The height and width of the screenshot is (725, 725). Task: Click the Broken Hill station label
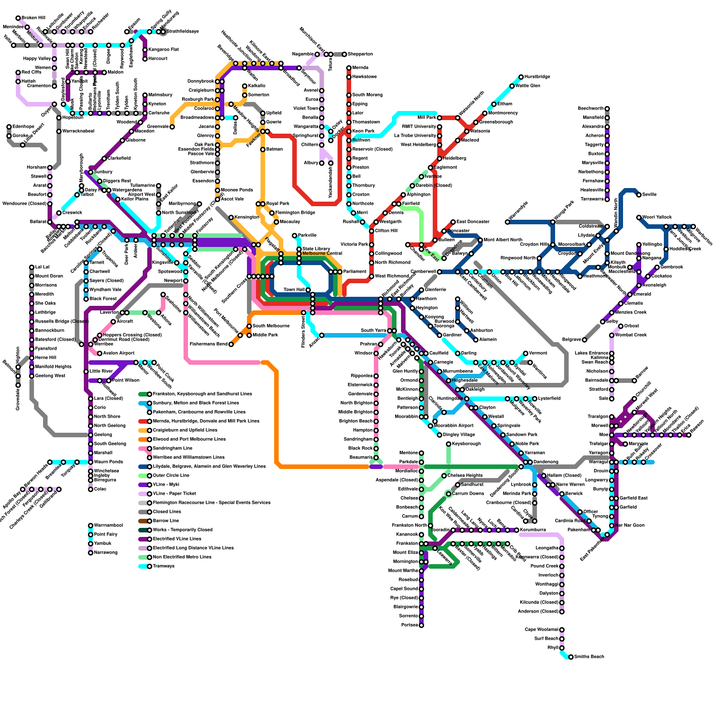tap(34, 18)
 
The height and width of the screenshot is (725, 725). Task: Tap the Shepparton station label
tap(360, 54)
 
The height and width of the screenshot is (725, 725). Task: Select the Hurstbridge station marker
tap(521, 77)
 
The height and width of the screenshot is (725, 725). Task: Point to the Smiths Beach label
tap(589, 657)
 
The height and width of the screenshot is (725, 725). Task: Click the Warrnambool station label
tap(108, 526)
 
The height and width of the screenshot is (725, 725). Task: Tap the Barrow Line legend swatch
tap(144, 521)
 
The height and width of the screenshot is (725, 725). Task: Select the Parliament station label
tap(355, 272)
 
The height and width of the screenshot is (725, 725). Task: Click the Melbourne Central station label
tap(322, 254)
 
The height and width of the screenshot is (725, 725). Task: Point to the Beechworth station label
tap(590, 109)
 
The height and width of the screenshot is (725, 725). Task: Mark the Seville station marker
tap(639, 195)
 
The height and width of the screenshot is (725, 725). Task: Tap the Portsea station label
tap(409, 625)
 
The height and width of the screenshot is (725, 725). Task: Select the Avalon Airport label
tap(119, 353)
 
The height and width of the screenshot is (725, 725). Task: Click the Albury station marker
tap(322, 163)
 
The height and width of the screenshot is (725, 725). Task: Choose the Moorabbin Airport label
tap(454, 426)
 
